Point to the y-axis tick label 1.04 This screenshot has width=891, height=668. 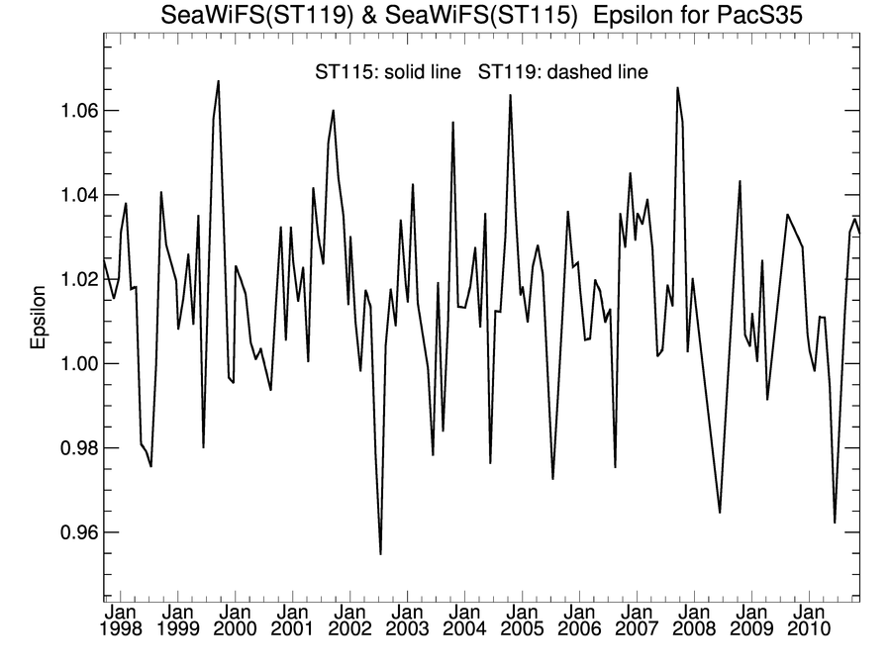click(x=70, y=195)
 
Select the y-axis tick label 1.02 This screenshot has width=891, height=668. click(x=70, y=280)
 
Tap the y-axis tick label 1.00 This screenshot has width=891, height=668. click(x=70, y=364)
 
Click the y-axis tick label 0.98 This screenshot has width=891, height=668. click(x=70, y=448)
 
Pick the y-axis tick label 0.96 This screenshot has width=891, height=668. click(x=70, y=532)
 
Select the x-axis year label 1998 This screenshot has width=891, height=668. click(x=122, y=629)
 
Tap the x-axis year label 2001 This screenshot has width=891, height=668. click(x=294, y=629)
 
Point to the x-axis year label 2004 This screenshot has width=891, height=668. click(x=465, y=629)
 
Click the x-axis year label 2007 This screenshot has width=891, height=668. click(x=637, y=629)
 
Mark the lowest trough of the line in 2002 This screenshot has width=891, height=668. click(x=380, y=553)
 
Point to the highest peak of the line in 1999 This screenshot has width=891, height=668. click(x=219, y=81)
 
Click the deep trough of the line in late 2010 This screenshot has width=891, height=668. click(x=835, y=522)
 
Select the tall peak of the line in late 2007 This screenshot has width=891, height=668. click(x=677, y=88)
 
